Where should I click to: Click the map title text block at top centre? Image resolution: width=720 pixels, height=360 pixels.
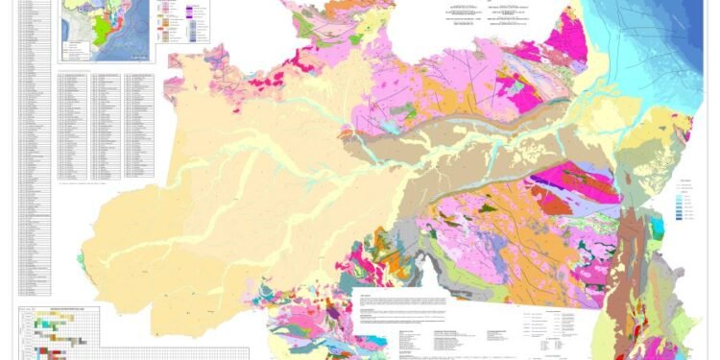470,19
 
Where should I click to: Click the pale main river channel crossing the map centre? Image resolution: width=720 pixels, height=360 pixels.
432,154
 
